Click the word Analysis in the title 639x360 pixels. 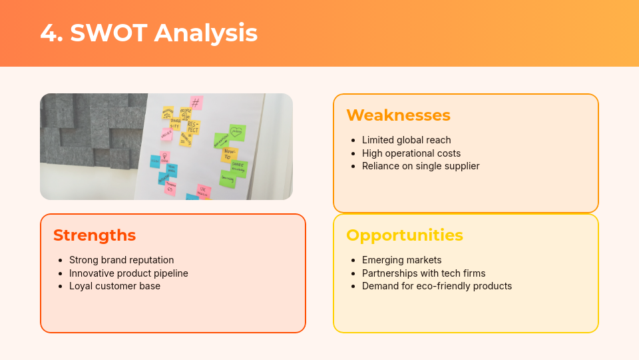[206, 33]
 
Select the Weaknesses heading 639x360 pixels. [398, 115]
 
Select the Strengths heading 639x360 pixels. [95, 235]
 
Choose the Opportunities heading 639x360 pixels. [405, 235]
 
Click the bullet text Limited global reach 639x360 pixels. [406, 140]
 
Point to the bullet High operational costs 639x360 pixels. [411, 153]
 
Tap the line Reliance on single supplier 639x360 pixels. [420, 166]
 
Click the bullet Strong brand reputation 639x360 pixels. [121, 260]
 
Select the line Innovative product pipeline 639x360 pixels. [128, 273]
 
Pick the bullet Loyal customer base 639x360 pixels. [114, 286]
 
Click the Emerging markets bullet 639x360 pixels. [401, 260]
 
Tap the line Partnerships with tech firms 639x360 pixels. [423, 273]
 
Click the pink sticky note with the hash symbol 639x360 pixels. [195, 103]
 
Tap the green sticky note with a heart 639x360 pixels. [237, 132]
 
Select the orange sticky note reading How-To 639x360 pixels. [229, 155]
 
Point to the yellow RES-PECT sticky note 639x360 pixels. [192, 127]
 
